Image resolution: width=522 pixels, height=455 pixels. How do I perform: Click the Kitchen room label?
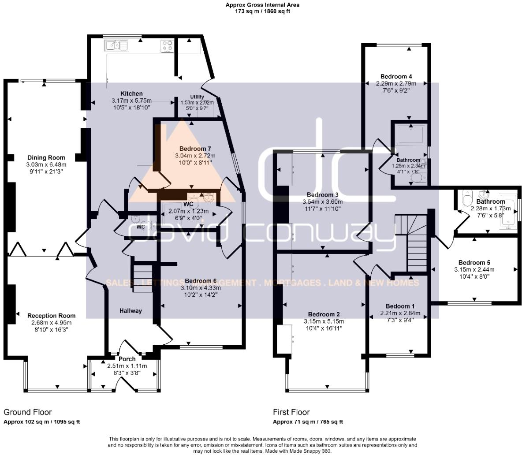point(132,93)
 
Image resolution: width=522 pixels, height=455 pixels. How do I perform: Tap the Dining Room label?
point(46,157)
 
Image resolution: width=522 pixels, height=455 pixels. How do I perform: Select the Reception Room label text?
point(51,316)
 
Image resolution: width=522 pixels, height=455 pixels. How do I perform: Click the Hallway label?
point(131,311)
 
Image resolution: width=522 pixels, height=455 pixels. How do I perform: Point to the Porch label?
point(127,359)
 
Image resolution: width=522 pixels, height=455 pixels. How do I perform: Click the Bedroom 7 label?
point(195,149)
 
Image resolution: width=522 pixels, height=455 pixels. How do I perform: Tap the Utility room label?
point(197,97)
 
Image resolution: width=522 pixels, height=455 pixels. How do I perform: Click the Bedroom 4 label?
point(395,76)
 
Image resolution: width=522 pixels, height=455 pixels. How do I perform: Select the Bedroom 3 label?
point(323,195)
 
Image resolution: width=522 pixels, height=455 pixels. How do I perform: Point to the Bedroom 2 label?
point(324,314)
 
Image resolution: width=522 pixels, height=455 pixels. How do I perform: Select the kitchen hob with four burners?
point(168,46)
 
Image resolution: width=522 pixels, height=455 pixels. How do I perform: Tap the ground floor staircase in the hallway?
point(142,277)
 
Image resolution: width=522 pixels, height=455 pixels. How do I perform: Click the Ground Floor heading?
point(28,412)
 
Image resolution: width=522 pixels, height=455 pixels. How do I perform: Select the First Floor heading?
point(291,412)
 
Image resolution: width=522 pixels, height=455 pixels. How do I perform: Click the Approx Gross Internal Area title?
point(262,5)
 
